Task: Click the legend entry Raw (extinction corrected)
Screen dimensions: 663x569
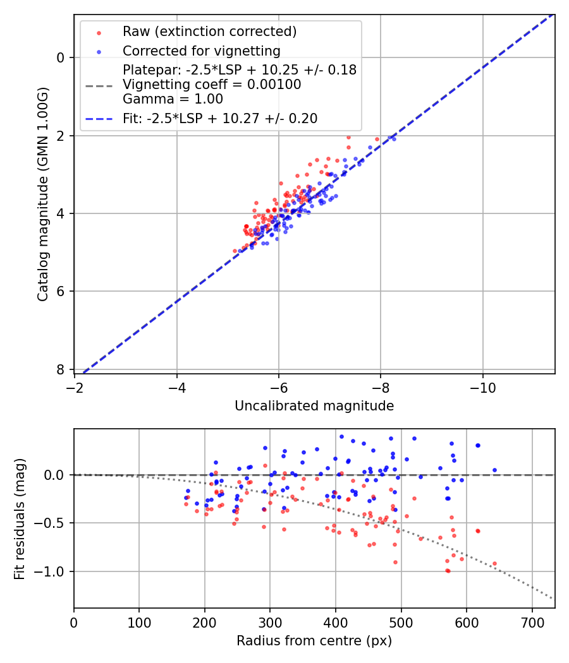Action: point(209,32)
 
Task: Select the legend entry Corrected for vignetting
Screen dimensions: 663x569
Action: point(201,51)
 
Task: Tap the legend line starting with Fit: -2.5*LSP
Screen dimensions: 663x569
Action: point(219,118)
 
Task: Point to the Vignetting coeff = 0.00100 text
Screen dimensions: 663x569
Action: point(212,84)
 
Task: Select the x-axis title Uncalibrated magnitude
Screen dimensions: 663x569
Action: point(314,406)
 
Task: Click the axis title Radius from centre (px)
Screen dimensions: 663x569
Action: point(314,641)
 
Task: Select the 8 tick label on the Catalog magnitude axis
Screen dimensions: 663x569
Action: point(61,369)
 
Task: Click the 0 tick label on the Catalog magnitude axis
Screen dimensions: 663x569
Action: point(61,57)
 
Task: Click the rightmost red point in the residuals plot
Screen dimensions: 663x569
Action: point(494,563)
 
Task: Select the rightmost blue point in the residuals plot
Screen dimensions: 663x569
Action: point(494,470)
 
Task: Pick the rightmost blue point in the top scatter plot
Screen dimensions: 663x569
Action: point(394,138)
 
